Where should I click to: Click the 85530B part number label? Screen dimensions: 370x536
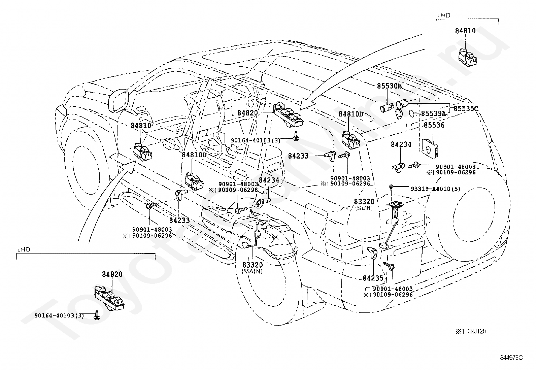pyautogui.click(x=389, y=86)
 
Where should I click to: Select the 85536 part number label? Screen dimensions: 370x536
pyautogui.click(x=434, y=125)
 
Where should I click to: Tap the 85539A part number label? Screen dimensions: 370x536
pyautogui.click(x=433, y=114)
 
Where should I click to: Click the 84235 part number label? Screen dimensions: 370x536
pyautogui.click(x=373, y=278)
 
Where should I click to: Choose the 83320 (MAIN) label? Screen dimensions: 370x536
pyautogui.click(x=252, y=268)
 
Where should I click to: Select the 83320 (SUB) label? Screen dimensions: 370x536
pyautogui.click(x=364, y=204)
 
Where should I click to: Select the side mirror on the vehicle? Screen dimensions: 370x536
pyautogui.click(x=119, y=100)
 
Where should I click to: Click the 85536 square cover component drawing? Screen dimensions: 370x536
pyautogui.click(x=430, y=147)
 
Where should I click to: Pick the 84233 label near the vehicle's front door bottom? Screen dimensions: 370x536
pyautogui.click(x=179, y=220)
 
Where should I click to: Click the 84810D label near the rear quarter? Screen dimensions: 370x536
pyautogui.click(x=351, y=114)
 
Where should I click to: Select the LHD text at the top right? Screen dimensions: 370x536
pyautogui.click(x=443, y=15)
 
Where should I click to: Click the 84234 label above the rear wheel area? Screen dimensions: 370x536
pyautogui.click(x=401, y=144)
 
